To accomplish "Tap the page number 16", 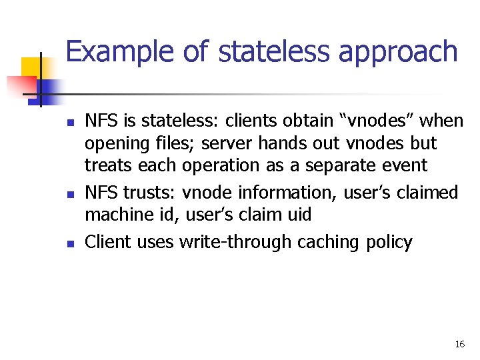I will (459, 344).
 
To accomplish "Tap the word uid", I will (297, 215).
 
